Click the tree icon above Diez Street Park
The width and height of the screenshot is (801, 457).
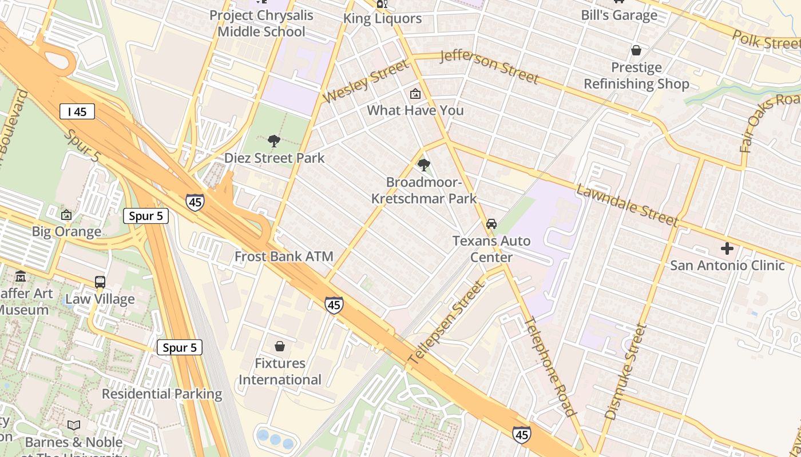[x=274, y=141]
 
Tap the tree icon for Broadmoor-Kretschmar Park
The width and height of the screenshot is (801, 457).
[x=424, y=166]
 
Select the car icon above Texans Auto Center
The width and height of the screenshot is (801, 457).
[x=491, y=224]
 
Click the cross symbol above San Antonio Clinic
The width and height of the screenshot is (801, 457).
[x=727, y=248]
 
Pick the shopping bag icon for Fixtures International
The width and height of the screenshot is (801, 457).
[x=280, y=346]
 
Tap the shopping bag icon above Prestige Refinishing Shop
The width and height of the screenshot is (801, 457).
[x=636, y=51]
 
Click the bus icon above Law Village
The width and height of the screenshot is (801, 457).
[x=100, y=282]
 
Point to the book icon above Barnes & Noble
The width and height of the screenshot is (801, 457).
[x=74, y=425]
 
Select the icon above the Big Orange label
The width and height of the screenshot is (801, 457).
[x=66, y=215]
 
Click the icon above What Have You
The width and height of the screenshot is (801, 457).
[x=415, y=94]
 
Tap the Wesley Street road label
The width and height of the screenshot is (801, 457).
[x=367, y=81]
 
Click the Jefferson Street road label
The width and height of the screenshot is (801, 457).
[x=489, y=66]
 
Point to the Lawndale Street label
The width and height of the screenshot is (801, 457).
[x=628, y=205]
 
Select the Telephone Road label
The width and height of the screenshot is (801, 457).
[x=549, y=366]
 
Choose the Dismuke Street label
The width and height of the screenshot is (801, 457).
[x=625, y=371]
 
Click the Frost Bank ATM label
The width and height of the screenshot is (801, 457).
[x=284, y=256]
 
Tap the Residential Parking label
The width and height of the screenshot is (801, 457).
[x=162, y=394]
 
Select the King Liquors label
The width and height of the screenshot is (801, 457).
[x=382, y=19]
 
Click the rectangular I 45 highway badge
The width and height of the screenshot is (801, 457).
[x=77, y=111]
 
